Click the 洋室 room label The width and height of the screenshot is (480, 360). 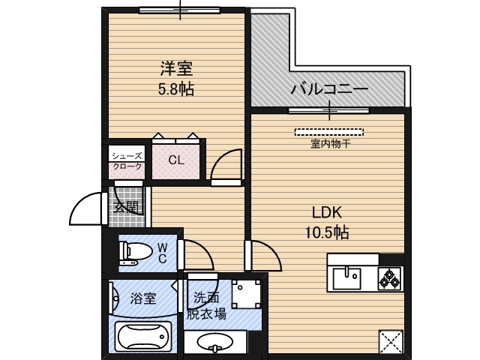click(x=176, y=70)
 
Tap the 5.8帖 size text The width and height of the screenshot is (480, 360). click(x=176, y=89)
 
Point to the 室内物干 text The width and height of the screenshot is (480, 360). click(x=331, y=144)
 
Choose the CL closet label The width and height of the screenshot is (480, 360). click(x=176, y=160)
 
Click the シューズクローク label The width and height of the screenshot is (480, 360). click(x=127, y=160)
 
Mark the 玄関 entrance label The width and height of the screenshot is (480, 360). click(x=126, y=206)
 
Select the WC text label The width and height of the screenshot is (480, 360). click(x=161, y=253)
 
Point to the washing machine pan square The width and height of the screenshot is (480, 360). click(x=247, y=295)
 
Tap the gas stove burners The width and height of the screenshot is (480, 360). click(x=391, y=278)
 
